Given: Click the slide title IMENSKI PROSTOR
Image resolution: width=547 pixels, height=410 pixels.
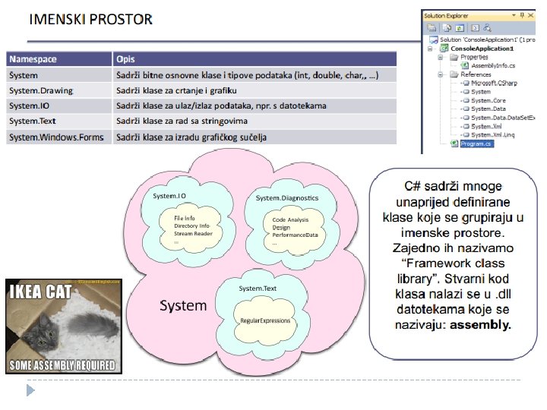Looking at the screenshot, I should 90,19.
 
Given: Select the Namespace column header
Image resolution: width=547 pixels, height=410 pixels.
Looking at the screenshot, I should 33,59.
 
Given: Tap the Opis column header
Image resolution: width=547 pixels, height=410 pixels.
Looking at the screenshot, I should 126,59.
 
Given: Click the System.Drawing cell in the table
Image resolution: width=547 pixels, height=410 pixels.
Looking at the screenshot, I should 41,90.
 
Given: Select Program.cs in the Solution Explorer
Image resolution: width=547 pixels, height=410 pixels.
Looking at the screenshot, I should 477,143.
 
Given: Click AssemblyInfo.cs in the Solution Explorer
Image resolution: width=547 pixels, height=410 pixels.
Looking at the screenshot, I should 494,66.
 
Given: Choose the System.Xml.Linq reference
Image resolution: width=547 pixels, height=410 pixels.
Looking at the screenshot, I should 492,134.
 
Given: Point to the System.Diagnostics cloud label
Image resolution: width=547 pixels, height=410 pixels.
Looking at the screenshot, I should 287,198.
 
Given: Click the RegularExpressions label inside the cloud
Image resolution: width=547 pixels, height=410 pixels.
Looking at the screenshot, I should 265,321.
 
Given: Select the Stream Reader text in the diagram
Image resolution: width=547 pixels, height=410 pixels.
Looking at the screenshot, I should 193,234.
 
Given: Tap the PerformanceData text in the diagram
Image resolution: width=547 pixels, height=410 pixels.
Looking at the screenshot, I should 295,235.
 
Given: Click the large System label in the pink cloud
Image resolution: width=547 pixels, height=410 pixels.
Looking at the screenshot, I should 182,306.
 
